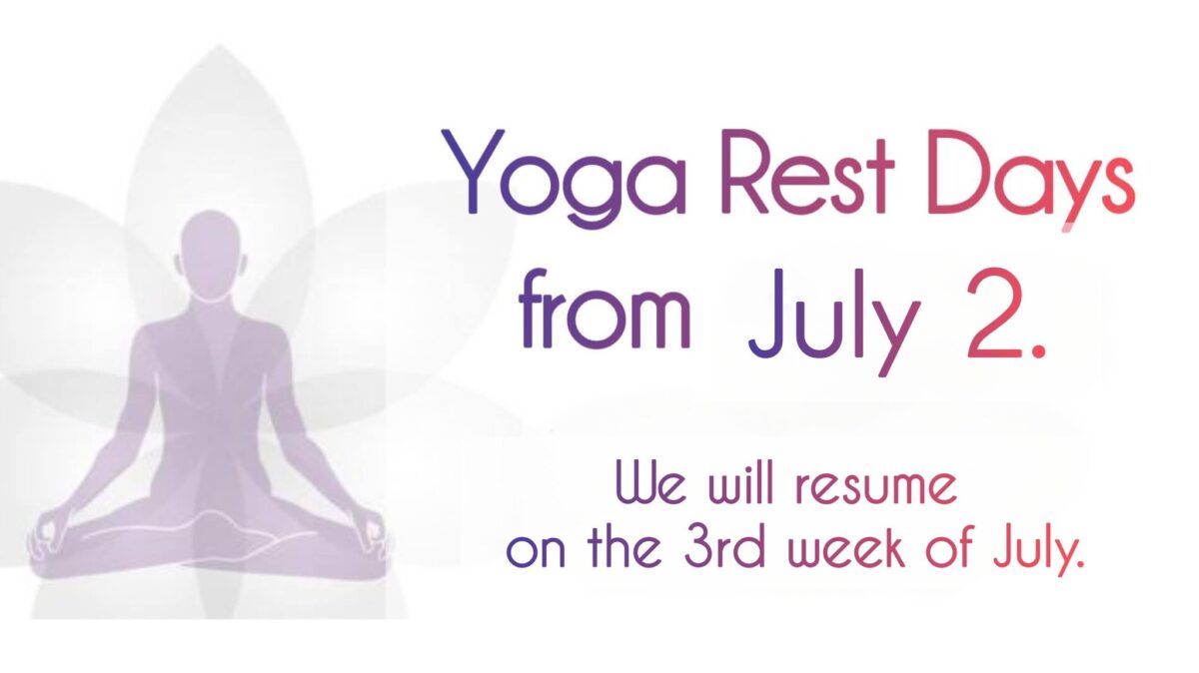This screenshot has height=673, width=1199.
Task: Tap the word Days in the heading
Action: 1031,178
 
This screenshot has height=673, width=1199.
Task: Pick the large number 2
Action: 993,313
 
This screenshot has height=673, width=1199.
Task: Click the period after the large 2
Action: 1038,350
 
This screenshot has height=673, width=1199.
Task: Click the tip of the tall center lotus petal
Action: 218,46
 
